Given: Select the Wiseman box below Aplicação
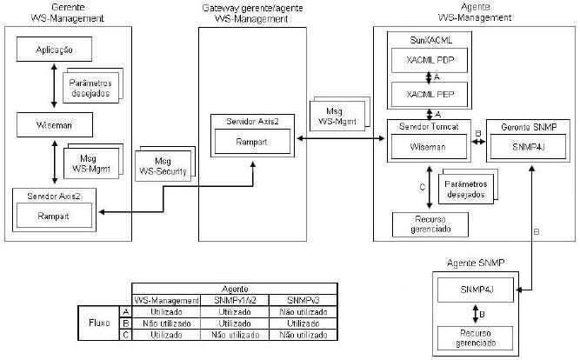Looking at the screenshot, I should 54,123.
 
